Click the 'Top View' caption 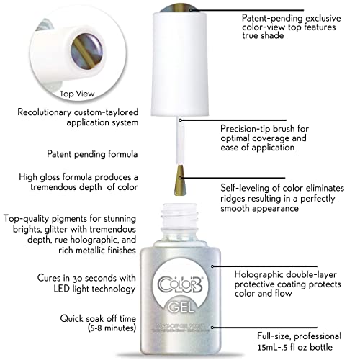[77, 94]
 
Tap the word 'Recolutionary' [45, 112]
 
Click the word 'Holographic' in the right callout [259, 274]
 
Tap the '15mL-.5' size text [272, 347]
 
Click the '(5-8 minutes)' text [112, 328]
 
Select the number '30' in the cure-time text [78, 279]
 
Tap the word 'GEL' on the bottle [181, 307]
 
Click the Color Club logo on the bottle [181, 285]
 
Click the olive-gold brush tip [180, 179]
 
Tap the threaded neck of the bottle [180, 215]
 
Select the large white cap [180, 63]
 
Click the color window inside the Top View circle [86, 50]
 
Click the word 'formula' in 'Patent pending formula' [123, 154]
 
